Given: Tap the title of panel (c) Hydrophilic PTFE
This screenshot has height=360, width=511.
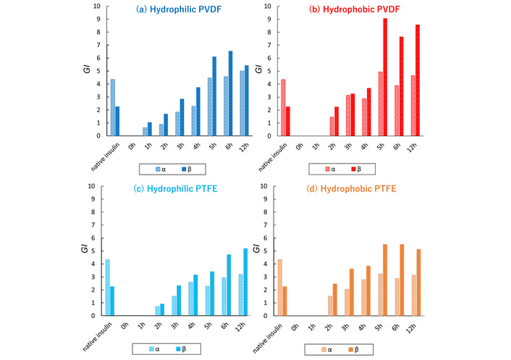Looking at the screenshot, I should tap(172, 191).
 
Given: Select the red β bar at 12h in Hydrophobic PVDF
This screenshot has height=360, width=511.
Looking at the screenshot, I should tap(418, 80).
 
